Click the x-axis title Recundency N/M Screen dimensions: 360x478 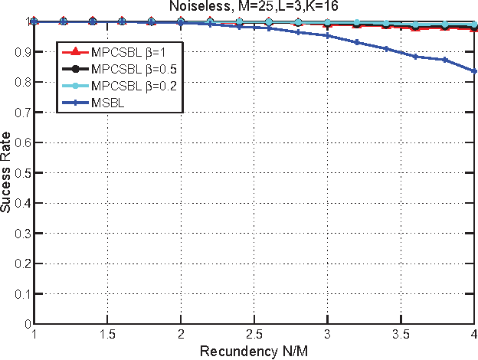tap(254, 352)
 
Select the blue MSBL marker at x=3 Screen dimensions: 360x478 tap(327, 35)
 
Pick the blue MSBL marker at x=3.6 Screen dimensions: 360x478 tap(415, 56)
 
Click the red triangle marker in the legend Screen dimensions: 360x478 tap(74, 54)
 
